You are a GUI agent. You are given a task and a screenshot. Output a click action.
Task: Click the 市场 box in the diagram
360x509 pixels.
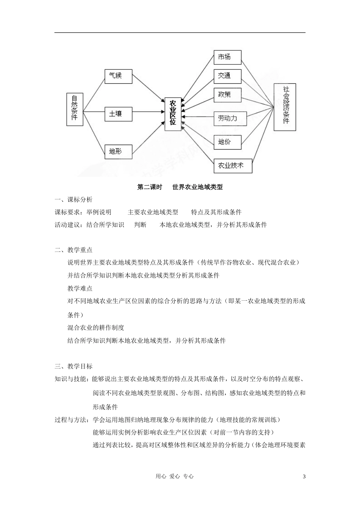pos(227,57)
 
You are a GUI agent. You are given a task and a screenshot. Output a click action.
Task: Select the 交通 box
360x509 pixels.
pos(227,76)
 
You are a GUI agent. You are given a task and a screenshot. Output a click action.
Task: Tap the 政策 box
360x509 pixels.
pos(227,95)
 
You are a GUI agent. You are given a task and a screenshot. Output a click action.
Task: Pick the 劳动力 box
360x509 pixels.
pos(230,119)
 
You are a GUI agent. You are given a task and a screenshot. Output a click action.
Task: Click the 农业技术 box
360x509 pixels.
pos(233,166)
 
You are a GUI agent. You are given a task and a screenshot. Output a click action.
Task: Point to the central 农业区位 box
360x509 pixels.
pos(173,114)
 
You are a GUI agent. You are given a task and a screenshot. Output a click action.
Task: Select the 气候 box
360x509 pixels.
pos(118,76)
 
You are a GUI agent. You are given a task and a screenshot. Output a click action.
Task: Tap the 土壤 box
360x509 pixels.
pos(118,114)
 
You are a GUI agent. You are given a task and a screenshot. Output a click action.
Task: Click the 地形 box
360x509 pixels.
pos(118,151)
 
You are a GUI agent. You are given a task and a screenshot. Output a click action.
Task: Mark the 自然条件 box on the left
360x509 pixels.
pos(75,109)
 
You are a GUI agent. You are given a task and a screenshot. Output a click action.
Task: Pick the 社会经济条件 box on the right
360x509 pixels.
pos(285,107)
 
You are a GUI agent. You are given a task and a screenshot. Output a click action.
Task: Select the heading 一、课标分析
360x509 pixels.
pos(74,200)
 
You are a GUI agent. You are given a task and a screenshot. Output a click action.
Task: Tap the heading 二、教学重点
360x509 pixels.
pos(74,250)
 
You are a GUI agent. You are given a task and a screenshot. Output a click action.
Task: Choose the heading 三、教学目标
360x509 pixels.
pos(74,366)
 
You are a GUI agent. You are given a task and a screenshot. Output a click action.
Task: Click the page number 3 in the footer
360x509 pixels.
pos(304,476)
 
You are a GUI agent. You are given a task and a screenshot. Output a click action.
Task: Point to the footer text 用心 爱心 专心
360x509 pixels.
pos(175,476)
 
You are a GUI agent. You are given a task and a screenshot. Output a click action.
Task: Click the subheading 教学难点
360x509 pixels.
pos(80,289)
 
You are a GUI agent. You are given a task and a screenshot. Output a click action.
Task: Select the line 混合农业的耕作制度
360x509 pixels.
pos(96,328)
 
